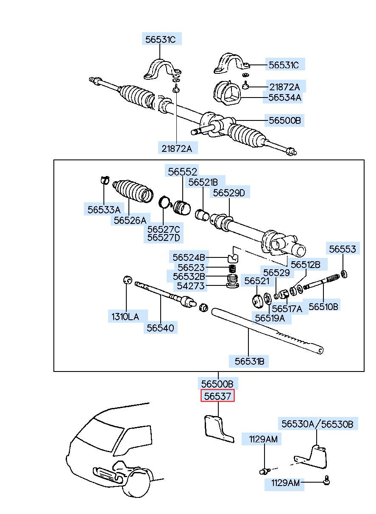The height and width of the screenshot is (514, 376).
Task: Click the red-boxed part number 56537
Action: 217,396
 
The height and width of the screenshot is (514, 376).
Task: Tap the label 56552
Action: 182,172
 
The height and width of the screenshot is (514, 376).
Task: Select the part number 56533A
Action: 104,210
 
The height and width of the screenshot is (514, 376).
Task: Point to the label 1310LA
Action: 125,317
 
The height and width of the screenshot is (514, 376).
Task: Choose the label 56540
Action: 160,328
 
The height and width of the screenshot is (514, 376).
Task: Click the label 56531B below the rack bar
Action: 249,361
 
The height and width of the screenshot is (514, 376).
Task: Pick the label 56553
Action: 343,249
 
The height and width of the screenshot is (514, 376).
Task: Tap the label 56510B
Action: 323,306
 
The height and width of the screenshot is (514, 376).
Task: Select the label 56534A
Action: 285,98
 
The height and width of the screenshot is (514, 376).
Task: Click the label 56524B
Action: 189,257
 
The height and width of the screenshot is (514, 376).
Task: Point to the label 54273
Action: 191,286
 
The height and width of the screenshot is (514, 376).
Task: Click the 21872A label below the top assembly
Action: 177,148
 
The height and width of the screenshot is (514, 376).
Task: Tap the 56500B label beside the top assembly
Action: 285,120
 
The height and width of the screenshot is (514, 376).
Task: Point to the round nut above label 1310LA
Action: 128,280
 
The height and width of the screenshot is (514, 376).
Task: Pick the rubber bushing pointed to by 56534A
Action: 228,93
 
